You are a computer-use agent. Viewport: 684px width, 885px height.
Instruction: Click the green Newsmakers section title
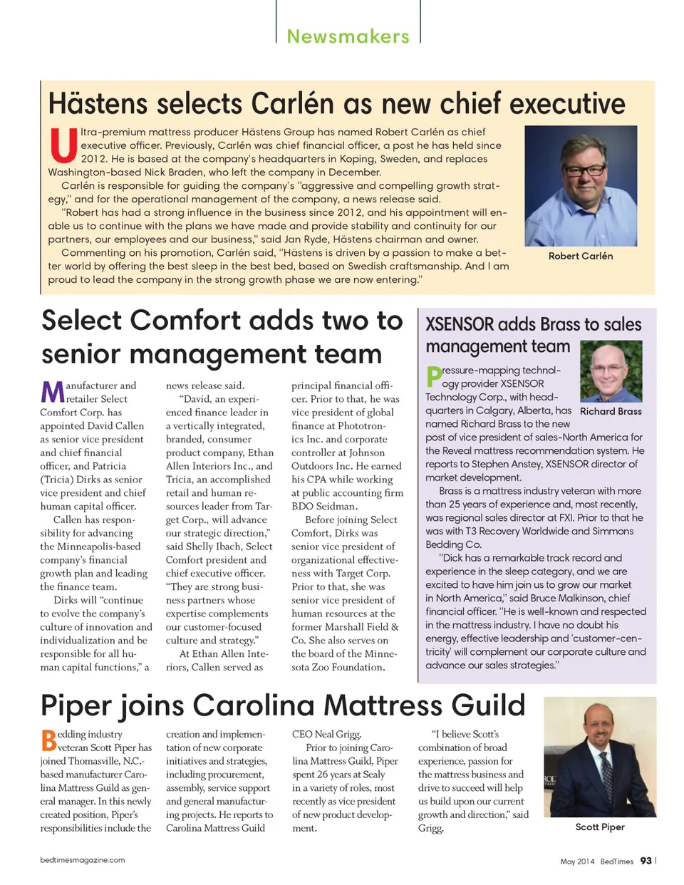point(348,36)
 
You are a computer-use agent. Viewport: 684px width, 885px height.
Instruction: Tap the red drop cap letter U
point(63,145)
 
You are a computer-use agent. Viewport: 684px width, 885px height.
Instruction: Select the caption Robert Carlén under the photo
point(580,256)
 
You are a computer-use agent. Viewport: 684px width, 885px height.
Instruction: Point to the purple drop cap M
point(52,392)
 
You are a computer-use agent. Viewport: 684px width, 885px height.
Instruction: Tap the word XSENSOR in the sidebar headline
point(460,325)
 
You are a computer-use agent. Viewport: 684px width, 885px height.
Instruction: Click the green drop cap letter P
point(433,377)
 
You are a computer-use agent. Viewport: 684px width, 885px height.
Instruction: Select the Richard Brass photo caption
point(611,411)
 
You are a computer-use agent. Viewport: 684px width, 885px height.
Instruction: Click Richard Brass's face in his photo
point(610,371)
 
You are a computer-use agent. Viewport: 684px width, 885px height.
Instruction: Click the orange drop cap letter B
point(48,740)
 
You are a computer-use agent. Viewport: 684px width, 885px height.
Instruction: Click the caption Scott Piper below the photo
point(599,827)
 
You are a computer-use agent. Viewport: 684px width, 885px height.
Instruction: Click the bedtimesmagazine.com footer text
point(83,860)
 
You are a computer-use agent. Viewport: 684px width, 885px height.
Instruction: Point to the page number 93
point(646,861)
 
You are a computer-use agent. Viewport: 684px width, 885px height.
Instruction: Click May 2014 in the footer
point(576,861)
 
